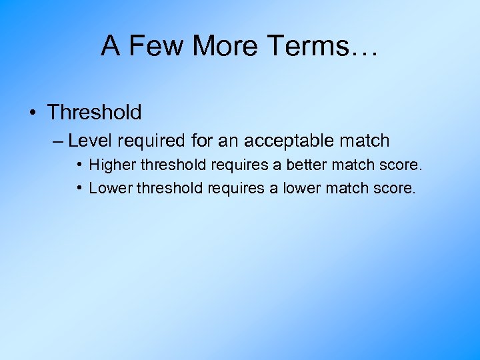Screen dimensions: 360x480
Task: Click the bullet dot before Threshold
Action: [33, 112]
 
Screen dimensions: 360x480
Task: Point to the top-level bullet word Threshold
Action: [94, 112]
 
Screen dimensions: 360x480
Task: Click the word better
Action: [305, 165]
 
